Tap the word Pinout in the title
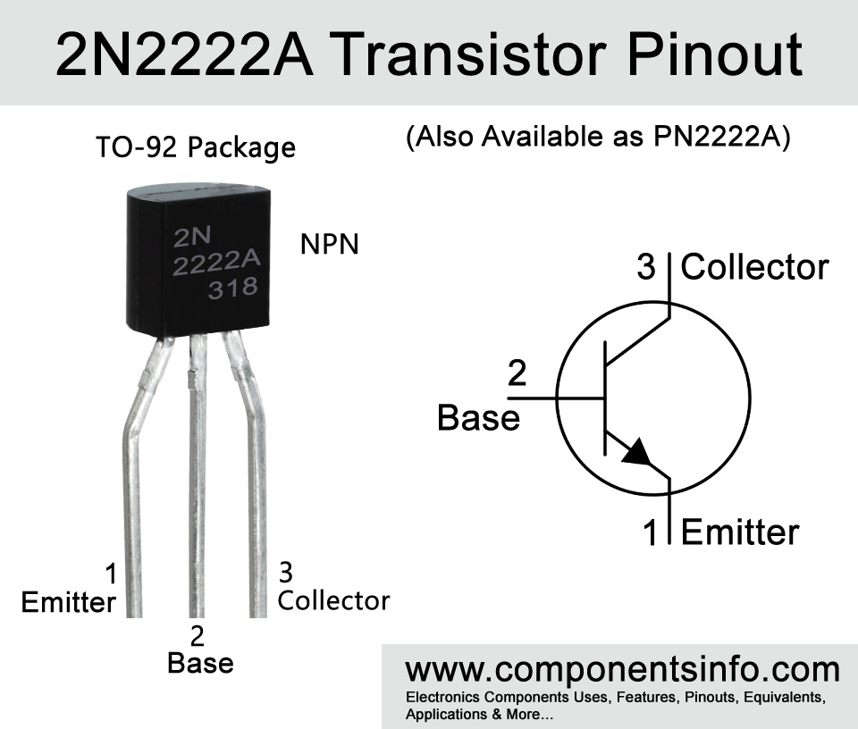[715, 54]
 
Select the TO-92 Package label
[196, 147]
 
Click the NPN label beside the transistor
[330, 244]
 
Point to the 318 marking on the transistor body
[232, 288]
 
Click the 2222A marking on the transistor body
[216, 264]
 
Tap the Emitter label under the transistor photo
[69, 602]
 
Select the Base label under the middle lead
[201, 663]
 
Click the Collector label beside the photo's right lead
[333, 600]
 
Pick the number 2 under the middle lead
[197, 636]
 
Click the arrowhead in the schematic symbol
[637, 452]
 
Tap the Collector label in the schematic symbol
[754, 267]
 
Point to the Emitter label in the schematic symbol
[740, 532]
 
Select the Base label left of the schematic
[479, 418]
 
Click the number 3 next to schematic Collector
[646, 267]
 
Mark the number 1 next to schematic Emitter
[650, 532]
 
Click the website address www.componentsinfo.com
[623, 670]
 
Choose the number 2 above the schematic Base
[517, 373]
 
